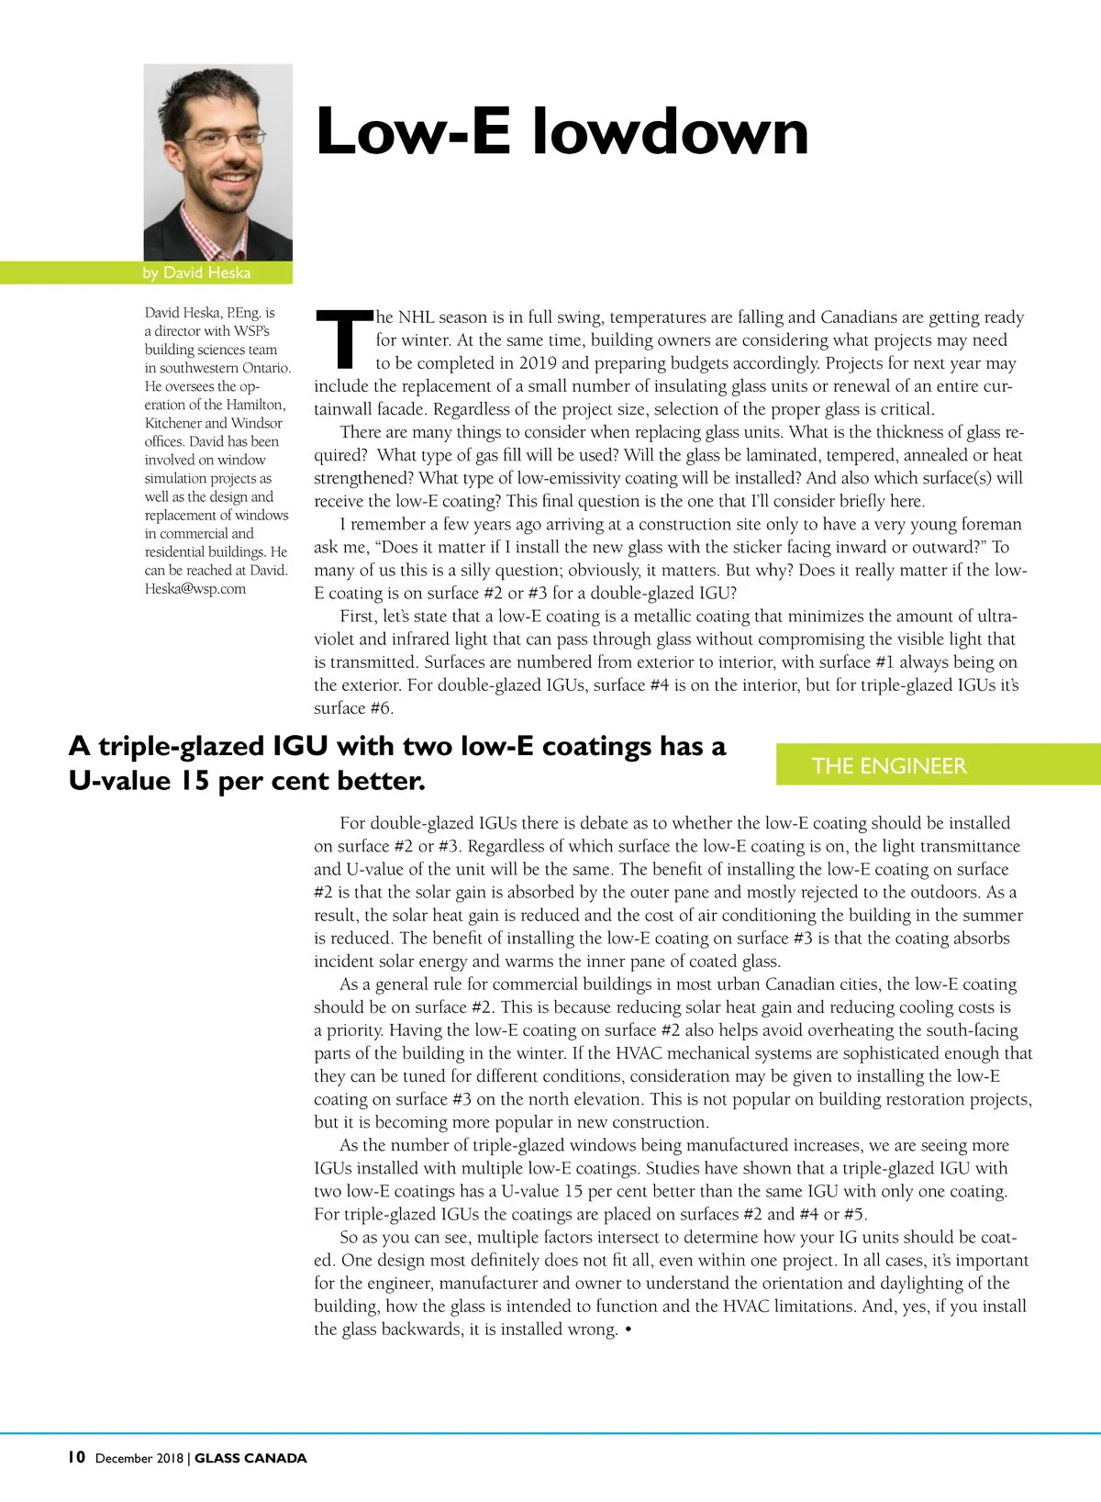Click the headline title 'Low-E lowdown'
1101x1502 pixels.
point(562,132)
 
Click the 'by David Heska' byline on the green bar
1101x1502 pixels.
point(196,273)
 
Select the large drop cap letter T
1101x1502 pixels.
point(343,339)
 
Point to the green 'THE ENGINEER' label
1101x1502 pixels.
point(888,765)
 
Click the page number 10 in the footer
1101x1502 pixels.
point(76,1457)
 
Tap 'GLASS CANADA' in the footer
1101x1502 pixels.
point(250,1458)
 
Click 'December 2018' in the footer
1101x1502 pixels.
point(139,1458)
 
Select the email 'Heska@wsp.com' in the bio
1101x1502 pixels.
point(195,588)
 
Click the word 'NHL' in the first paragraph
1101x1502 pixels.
point(416,317)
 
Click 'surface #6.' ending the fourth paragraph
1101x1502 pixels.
point(353,708)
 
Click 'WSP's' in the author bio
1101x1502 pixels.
point(251,331)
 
